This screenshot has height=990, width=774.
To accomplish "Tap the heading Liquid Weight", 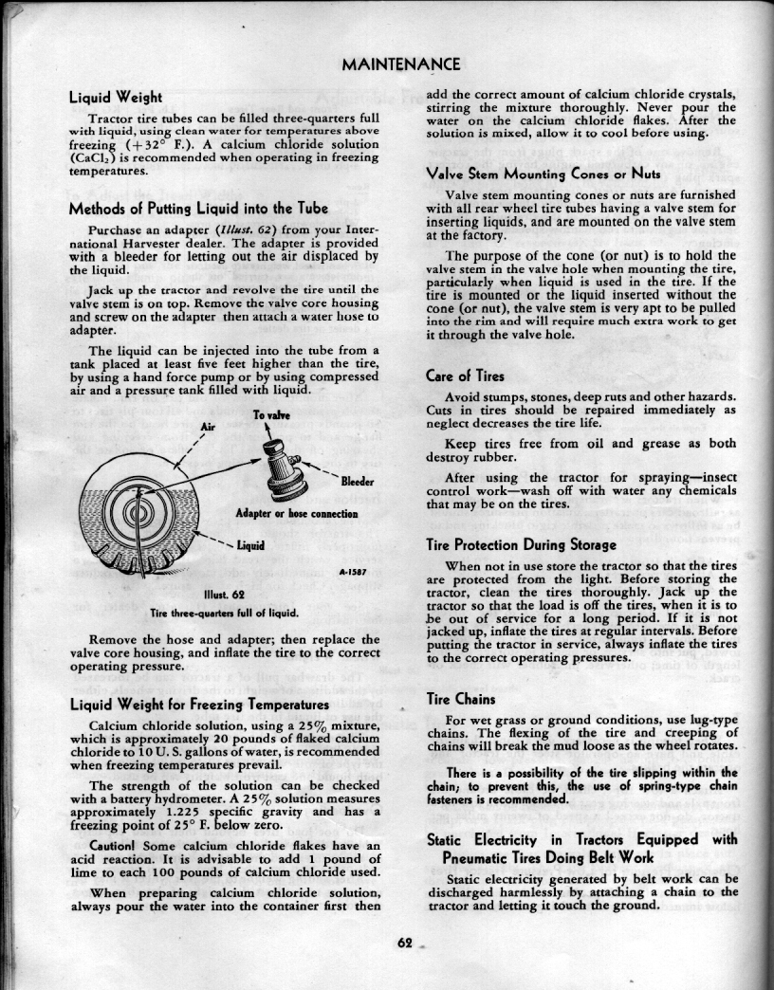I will click(x=115, y=97).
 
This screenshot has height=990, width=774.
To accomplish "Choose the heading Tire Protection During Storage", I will click(x=521, y=545).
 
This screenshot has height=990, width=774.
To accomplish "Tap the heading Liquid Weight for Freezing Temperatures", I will click(x=199, y=705).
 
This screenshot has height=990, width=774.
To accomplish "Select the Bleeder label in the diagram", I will click(x=357, y=483).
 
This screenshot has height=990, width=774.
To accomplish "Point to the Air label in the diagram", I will click(x=211, y=427).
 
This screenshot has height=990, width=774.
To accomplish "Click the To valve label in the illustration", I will click(x=270, y=416).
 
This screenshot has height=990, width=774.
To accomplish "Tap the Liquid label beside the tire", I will click(x=249, y=546).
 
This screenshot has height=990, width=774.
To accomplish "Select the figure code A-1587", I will click(x=354, y=573).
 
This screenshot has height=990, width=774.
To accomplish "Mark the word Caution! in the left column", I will click(x=116, y=846).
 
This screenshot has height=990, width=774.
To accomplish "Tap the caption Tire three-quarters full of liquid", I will click(x=225, y=612).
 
